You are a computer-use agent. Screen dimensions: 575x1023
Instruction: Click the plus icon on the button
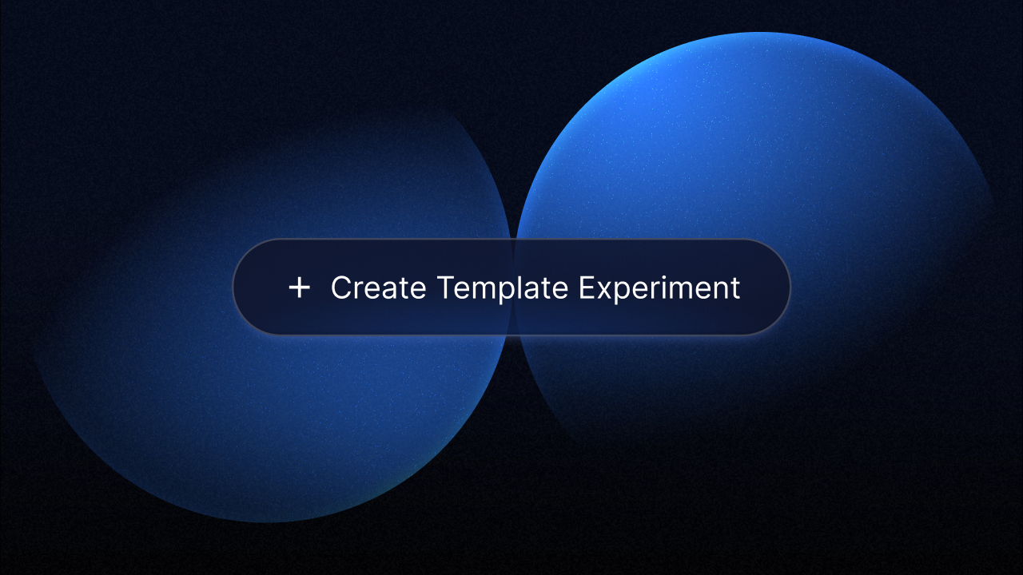299,287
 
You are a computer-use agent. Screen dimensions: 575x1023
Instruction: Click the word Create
378,287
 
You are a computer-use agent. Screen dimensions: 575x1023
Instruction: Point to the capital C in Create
341,287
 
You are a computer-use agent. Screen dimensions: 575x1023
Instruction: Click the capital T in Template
444,287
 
